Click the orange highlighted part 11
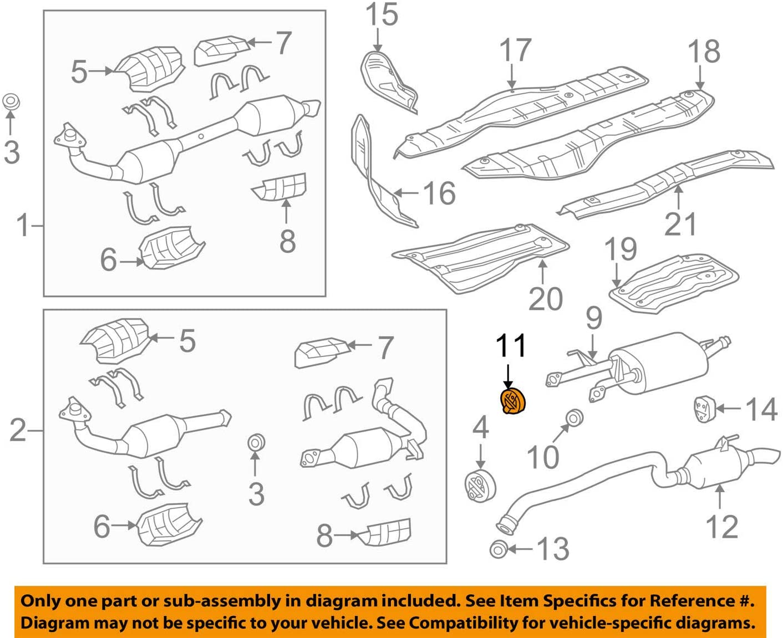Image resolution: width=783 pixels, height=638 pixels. click(513, 401)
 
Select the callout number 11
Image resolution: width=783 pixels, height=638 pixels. click(510, 346)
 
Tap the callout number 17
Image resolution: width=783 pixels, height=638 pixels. click(515, 50)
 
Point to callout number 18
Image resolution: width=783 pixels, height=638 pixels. click(704, 52)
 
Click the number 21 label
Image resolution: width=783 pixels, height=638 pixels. click(680, 224)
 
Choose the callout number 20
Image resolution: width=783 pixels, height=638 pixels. click(545, 299)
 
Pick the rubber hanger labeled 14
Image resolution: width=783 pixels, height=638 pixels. click(703, 409)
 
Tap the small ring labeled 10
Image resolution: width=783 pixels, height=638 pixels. click(574, 417)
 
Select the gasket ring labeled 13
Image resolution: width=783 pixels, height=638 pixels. click(498, 549)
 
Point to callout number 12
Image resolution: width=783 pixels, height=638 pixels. click(721, 527)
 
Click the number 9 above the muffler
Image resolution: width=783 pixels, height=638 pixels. click(593, 318)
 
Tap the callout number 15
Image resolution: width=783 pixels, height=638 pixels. click(382, 15)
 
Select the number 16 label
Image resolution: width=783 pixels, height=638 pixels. click(439, 193)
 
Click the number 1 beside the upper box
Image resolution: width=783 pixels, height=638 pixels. click(22, 226)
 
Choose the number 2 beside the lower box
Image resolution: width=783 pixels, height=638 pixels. click(18, 430)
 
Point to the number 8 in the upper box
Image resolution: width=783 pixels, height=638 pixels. click(287, 241)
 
